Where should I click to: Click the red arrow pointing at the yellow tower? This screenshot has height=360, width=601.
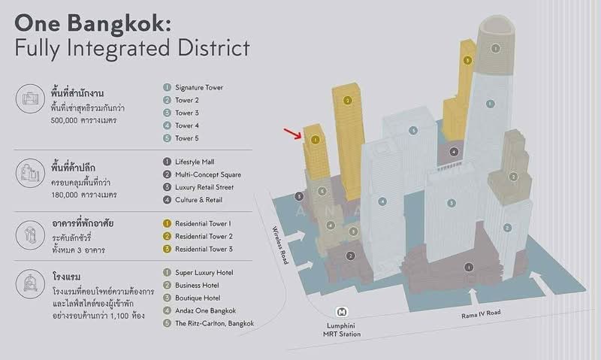(292, 134)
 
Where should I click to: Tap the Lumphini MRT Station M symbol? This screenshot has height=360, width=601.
(341, 312)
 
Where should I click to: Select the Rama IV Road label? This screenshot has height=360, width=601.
(481, 314)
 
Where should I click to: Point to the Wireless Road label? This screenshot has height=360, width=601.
(280, 245)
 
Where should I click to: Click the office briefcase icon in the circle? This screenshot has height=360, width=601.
(30, 99)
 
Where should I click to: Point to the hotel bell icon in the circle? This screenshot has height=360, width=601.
(30, 284)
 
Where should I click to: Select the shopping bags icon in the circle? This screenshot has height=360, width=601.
(30, 173)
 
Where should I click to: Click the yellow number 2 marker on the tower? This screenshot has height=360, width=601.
(348, 101)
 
